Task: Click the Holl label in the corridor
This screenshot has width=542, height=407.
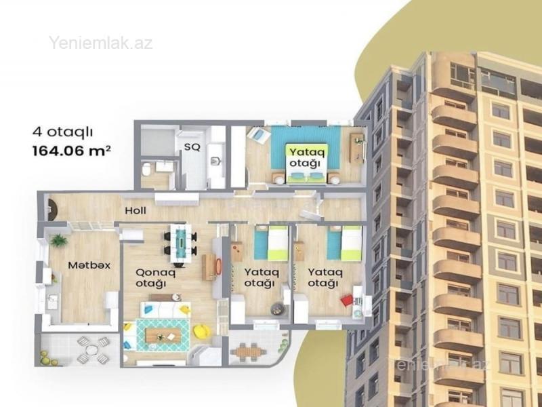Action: point(135,210)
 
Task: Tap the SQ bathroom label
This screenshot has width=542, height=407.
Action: point(192,147)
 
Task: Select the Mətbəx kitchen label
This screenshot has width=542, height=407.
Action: point(89,265)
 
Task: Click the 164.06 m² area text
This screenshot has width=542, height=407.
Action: point(72,151)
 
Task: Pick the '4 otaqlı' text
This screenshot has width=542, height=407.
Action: point(62,132)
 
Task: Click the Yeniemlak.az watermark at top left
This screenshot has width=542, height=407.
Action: point(100,43)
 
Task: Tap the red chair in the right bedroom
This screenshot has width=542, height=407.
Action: point(346,300)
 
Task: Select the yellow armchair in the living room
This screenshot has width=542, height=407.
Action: point(202,331)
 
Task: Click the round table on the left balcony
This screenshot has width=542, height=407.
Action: point(92,349)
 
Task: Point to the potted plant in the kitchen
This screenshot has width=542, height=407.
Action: point(58,240)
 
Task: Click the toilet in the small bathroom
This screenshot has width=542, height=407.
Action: point(146,170)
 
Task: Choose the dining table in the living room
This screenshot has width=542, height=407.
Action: point(180,244)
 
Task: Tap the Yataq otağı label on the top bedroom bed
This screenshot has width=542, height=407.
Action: point(304,157)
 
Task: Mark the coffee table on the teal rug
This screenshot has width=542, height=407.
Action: point(163,335)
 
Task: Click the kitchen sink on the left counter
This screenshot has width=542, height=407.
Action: point(53,301)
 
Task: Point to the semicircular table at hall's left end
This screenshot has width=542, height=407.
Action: point(54,209)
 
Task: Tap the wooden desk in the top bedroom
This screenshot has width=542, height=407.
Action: point(357,148)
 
